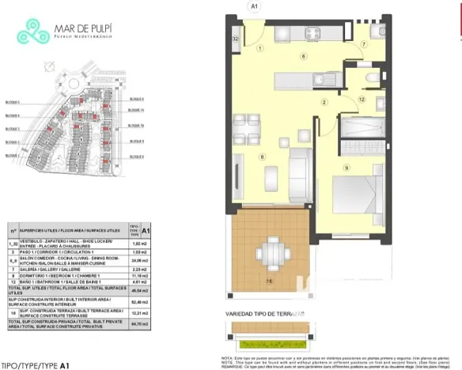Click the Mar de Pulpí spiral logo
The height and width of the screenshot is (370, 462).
click(x=33, y=32)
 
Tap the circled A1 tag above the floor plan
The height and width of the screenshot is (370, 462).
click(x=255, y=6)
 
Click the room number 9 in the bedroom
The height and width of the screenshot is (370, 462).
click(x=346, y=168)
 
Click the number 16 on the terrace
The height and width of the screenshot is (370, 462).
click(x=269, y=281)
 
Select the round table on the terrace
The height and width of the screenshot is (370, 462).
click(x=271, y=251)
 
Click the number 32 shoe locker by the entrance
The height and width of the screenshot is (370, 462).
click(x=236, y=38)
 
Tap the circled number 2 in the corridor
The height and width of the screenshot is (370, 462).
click(x=324, y=102)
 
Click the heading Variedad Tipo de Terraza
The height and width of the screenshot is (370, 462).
click(x=265, y=314)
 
